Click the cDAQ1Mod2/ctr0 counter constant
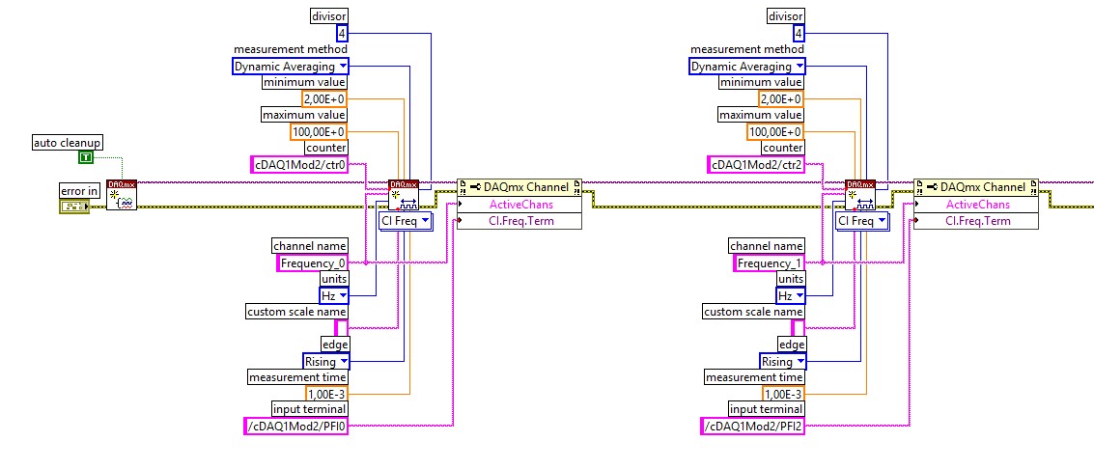pyautogui.click(x=298, y=164)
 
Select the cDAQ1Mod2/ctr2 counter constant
pyautogui.click(x=755, y=164)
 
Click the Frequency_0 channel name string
pyautogui.click(x=311, y=262)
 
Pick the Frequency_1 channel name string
pyautogui.click(x=768, y=262)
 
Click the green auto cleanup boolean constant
pyautogui.click(x=86, y=157)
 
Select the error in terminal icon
pyautogui.click(x=74, y=207)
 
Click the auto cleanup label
pyautogui.click(x=67, y=142)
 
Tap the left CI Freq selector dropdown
pyautogui.click(x=406, y=221)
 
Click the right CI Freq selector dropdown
pyautogui.click(x=862, y=221)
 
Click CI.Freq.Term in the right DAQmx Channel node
pyautogui.click(x=976, y=221)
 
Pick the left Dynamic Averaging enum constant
pyautogui.click(x=291, y=67)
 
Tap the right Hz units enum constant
pyautogui.click(x=790, y=295)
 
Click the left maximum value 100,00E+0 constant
pyautogui.click(x=319, y=131)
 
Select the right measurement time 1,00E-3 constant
pyautogui.click(x=781, y=394)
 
